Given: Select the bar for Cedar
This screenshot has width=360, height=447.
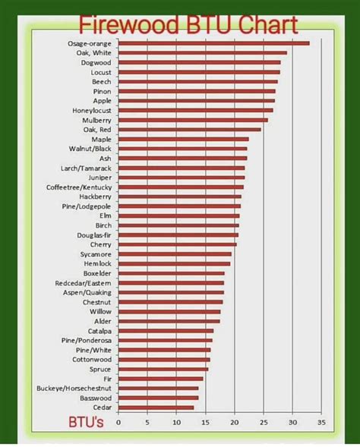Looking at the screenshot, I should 156,408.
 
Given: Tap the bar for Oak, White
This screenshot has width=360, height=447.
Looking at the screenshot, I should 202,53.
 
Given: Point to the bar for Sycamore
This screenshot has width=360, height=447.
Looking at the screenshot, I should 175,254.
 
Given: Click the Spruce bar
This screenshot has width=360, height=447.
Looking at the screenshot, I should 163,370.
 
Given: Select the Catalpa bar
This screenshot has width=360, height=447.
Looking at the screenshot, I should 166,331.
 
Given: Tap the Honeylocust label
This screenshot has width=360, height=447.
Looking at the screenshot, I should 91,111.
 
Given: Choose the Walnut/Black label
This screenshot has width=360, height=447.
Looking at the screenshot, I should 90,149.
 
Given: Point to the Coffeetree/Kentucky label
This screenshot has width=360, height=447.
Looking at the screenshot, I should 79,187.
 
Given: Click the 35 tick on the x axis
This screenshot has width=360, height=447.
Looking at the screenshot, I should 321,422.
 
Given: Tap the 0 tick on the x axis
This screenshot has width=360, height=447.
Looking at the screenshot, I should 118,422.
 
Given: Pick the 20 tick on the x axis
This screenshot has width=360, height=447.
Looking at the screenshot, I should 235,422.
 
